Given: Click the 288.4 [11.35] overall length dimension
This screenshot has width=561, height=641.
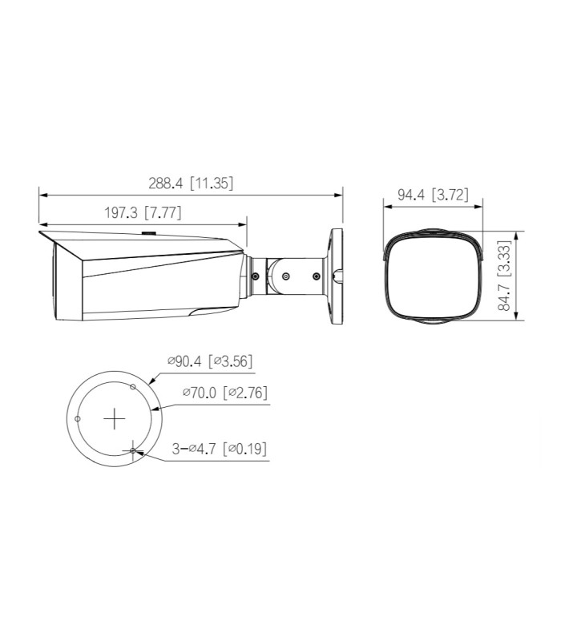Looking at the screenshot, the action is pyautogui.click(x=191, y=183).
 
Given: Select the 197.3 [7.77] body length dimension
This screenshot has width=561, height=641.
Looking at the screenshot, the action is pyautogui.click(x=143, y=212).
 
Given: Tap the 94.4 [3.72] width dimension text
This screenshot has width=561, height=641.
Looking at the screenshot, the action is pyautogui.click(x=433, y=195).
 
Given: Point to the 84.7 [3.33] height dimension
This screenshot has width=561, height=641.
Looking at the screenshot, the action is pyautogui.click(x=505, y=276).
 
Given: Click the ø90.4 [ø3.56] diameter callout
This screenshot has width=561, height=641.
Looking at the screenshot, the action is pyautogui.click(x=210, y=361).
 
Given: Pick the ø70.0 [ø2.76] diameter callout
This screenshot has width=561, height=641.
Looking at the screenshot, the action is pyautogui.click(x=225, y=393).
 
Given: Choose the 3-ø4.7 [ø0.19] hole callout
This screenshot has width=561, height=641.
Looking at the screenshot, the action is pyautogui.click(x=220, y=449).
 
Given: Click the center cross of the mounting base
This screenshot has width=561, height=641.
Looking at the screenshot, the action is pyautogui.click(x=114, y=418).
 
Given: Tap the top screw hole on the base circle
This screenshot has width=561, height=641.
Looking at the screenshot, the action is pyautogui.click(x=132, y=386).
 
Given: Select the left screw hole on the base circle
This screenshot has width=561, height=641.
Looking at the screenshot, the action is pyautogui.click(x=77, y=418).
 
